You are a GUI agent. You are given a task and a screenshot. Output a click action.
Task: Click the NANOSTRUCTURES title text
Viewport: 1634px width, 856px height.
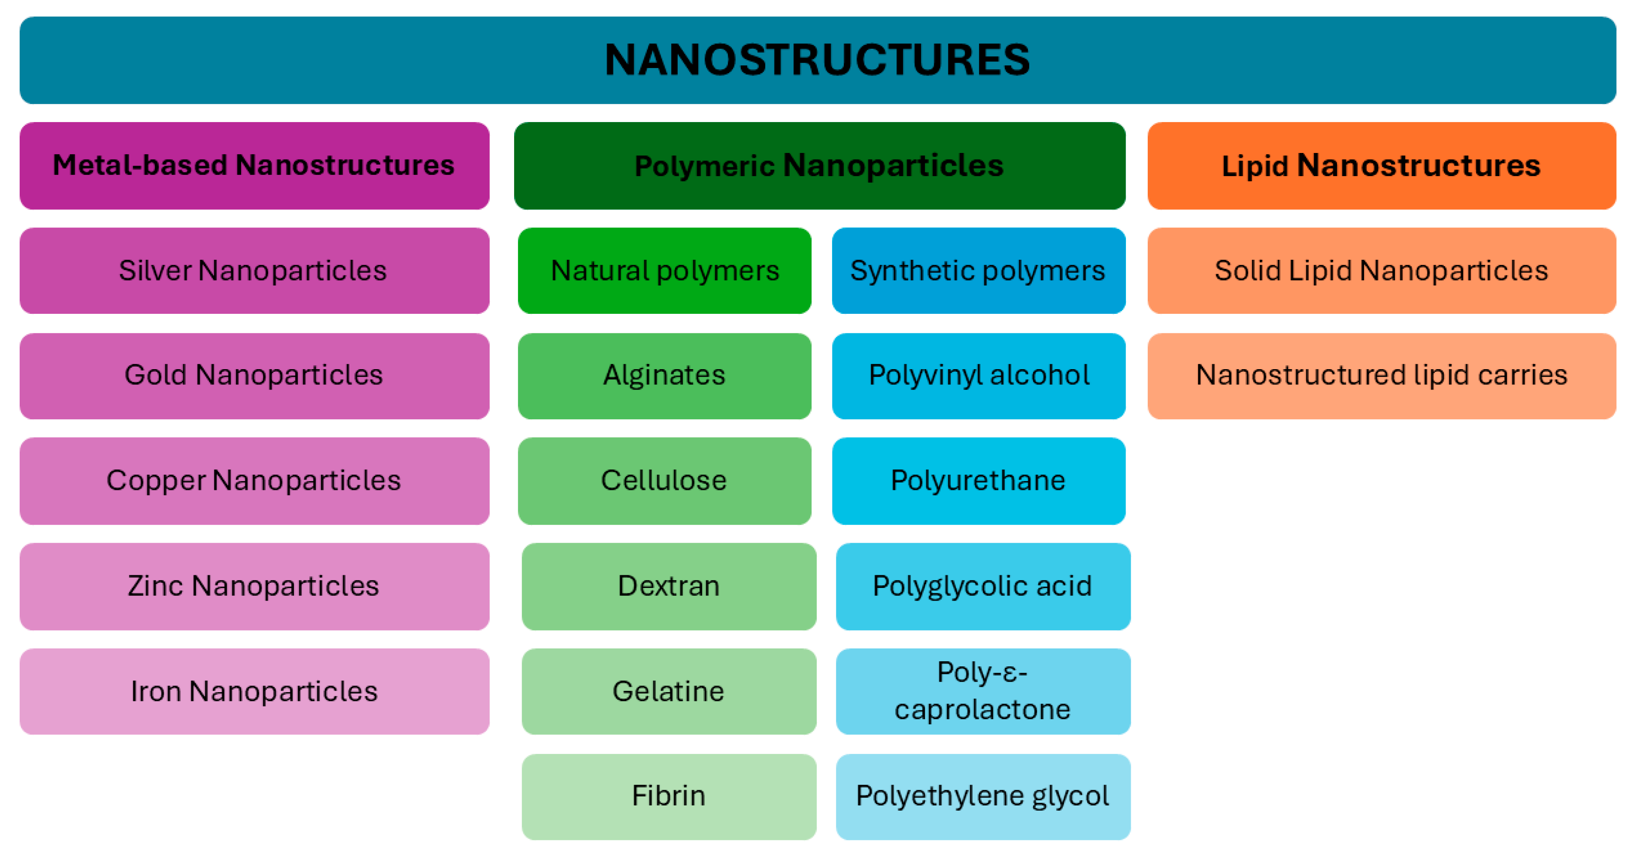click(817, 60)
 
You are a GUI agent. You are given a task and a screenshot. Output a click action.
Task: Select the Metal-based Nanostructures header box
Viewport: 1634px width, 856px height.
click(254, 166)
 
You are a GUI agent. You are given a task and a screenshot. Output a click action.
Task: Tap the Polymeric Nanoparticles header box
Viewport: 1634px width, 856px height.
click(819, 166)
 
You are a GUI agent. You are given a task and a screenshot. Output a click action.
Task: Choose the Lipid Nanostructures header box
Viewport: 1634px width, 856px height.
click(1382, 166)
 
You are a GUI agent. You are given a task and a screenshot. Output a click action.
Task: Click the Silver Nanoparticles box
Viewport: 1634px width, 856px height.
click(254, 271)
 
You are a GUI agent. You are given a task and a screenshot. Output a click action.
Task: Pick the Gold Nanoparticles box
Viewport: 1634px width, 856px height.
click(254, 375)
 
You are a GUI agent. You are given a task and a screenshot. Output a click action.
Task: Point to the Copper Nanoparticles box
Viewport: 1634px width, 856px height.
click(254, 481)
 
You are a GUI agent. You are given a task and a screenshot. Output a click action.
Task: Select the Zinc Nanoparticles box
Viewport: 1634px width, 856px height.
click(254, 586)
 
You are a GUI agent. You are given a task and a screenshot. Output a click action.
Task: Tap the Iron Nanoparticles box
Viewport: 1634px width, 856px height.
click(254, 691)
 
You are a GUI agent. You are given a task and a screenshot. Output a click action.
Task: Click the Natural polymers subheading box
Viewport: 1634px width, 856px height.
click(664, 271)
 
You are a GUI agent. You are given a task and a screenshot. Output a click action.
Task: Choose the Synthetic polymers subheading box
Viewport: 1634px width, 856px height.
click(978, 271)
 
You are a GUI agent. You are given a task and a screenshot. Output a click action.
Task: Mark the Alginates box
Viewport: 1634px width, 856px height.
click(664, 375)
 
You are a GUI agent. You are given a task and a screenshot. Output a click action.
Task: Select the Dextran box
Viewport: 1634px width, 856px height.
click(669, 586)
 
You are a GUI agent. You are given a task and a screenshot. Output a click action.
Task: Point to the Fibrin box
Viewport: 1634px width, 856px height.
click(669, 796)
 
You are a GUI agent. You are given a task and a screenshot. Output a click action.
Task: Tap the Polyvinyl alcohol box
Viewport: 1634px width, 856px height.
click(978, 375)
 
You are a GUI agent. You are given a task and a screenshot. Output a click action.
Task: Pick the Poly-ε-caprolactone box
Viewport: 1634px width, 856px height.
click(982, 691)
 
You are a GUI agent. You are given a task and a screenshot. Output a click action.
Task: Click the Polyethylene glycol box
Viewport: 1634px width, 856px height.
click(982, 796)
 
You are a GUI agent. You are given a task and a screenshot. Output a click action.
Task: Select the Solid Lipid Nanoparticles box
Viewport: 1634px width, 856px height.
click(1382, 271)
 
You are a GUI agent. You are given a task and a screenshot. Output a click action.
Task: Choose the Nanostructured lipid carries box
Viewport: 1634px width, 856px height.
click(1382, 375)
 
